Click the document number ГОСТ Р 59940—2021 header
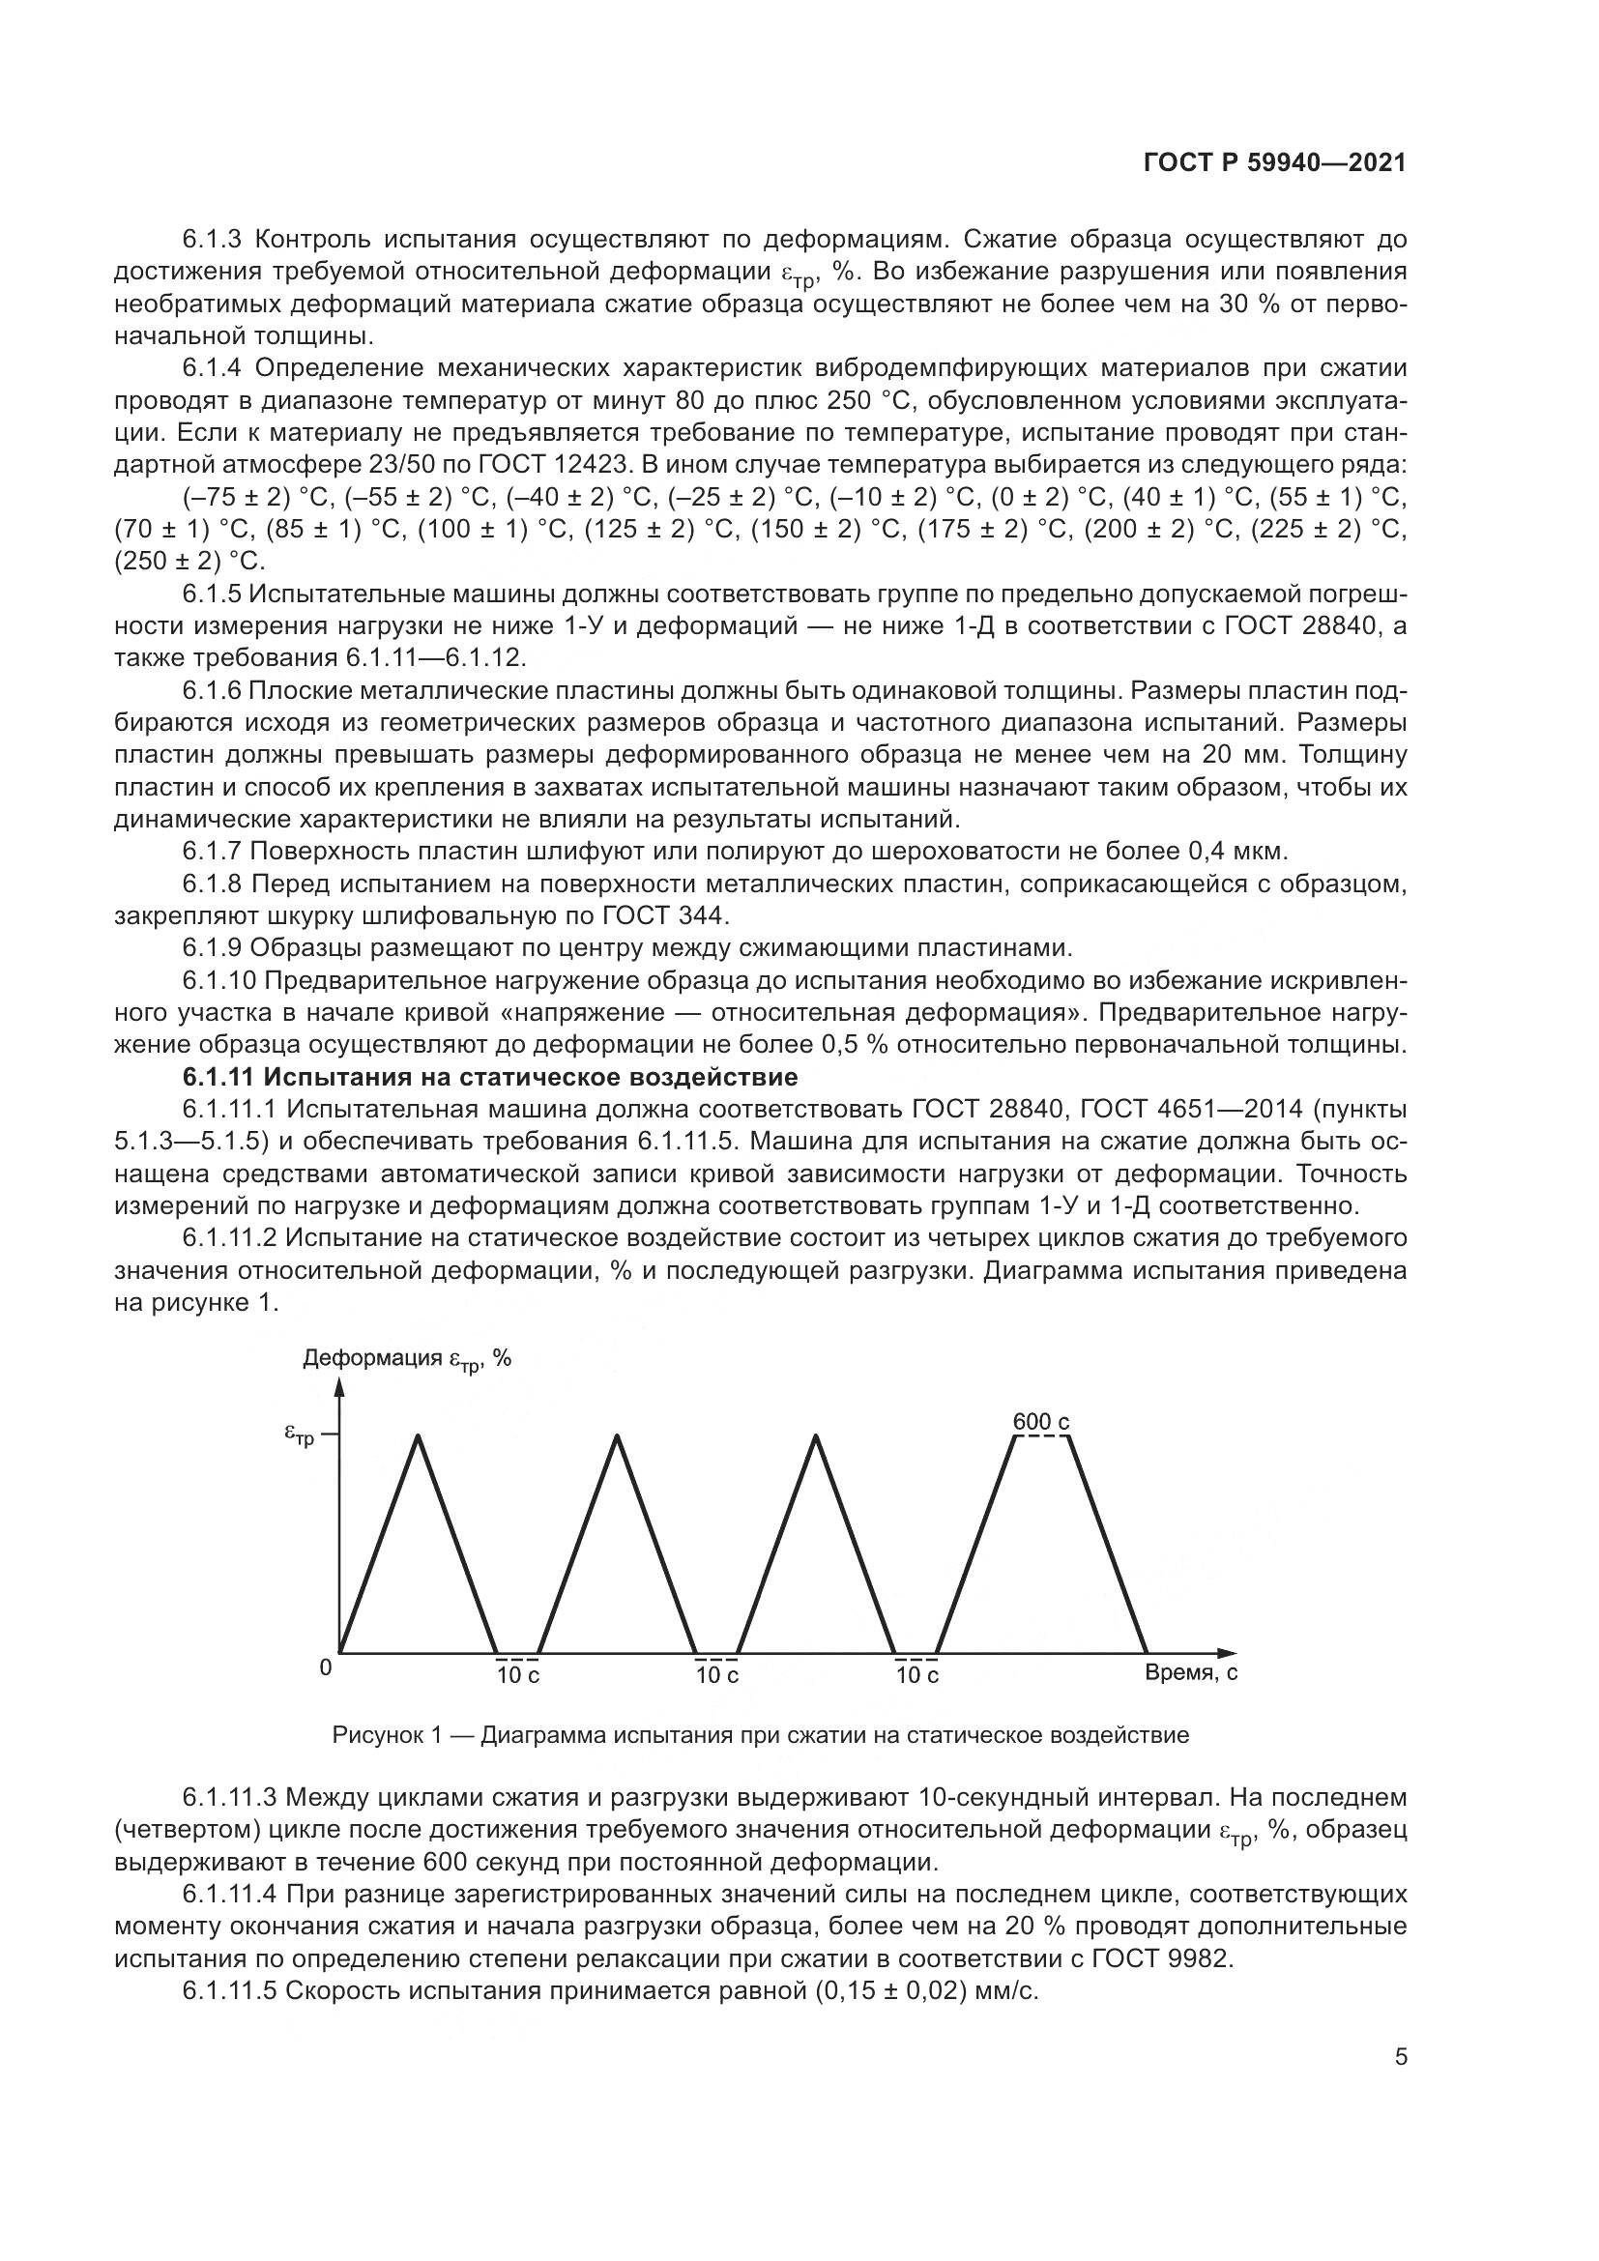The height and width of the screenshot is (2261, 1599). pyautogui.click(x=1274, y=163)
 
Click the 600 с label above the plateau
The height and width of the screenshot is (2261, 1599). pyautogui.click(x=1041, y=1422)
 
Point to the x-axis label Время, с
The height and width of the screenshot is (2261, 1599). pyautogui.click(x=1191, y=1672)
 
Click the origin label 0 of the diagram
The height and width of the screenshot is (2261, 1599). pyautogui.click(x=326, y=1667)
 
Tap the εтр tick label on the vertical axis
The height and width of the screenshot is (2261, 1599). pyautogui.click(x=300, y=1436)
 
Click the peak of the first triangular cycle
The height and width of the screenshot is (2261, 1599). pyautogui.click(x=420, y=1436)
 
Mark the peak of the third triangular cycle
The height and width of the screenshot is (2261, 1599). pyautogui.click(x=816, y=1436)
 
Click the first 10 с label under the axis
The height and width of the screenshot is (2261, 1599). pyautogui.click(x=518, y=1675)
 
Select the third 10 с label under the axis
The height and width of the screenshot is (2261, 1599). pyautogui.click(x=916, y=1675)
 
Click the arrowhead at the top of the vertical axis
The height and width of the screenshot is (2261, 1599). pyautogui.click(x=339, y=1387)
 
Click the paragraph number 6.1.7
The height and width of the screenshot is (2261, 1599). pyautogui.click(x=213, y=851)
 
